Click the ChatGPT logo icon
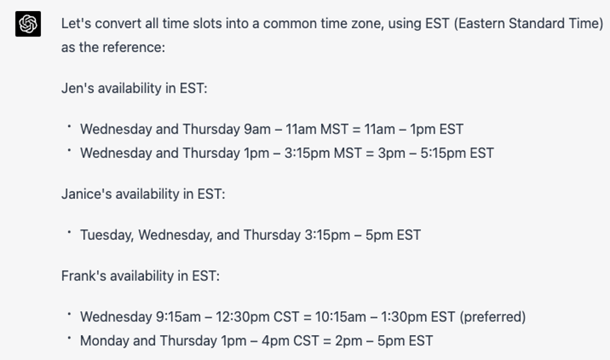(x=28, y=23)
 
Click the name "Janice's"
(x=87, y=194)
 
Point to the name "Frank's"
(x=83, y=276)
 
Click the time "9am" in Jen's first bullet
(x=257, y=129)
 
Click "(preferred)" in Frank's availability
(x=493, y=317)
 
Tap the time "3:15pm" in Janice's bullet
(x=327, y=235)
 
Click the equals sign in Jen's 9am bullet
(x=356, y=129)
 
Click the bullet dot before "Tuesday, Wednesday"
(x=69, y=232)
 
